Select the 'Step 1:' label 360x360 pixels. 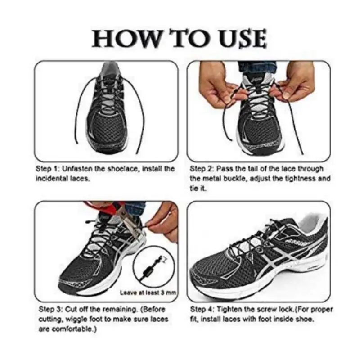[x=49, y=169]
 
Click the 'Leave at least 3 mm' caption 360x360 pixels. [x=148, y=292]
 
